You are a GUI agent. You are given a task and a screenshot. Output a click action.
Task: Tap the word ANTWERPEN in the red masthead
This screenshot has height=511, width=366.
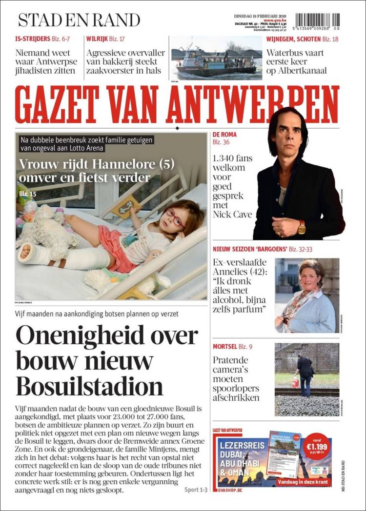click(x=254, y=104)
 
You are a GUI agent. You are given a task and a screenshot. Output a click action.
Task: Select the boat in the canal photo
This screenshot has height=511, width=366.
click(x=215, y=63)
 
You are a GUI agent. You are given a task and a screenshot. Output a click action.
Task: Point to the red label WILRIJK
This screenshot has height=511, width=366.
click(x=97, y=39)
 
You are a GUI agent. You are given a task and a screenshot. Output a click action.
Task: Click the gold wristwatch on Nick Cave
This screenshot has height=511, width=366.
click(x=302, y=227)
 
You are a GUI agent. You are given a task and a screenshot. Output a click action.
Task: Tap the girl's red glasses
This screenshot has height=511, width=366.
click(x=175, y=217)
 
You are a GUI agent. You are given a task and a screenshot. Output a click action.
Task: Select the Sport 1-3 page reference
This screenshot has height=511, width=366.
click(x=196, y=490)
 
